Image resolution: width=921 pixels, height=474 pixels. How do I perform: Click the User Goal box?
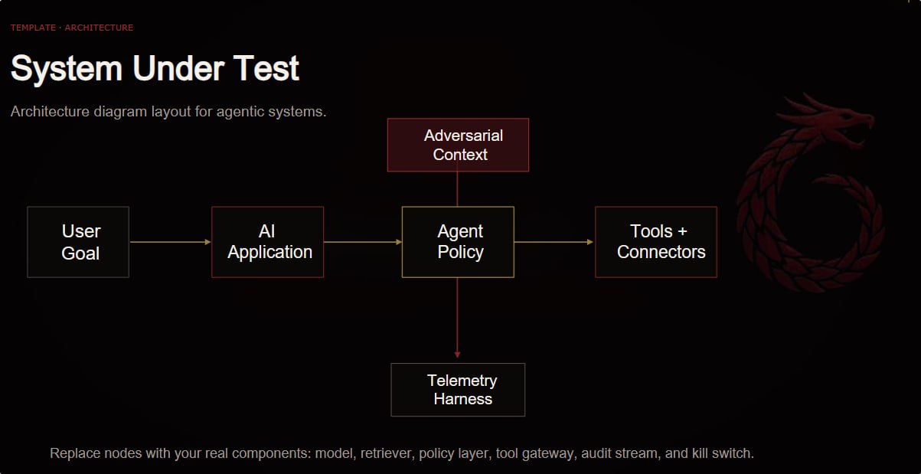[78, 242]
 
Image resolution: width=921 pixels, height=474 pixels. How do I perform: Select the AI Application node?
[268, 242]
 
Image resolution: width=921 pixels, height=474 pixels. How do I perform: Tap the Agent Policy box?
[458, 242]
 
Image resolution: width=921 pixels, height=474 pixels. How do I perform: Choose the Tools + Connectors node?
[656, 242]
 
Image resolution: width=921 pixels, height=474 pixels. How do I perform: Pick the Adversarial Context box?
[458, 145]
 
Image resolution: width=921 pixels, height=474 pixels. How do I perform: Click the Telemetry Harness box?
[458, 390]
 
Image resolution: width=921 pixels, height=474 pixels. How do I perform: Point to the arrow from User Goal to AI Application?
[171, 242]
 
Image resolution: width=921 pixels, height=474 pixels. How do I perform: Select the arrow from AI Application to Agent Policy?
[363, 242]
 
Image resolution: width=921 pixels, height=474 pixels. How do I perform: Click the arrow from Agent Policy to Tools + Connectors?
[554, 242]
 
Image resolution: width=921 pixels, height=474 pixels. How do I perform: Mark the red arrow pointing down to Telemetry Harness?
[457, 318]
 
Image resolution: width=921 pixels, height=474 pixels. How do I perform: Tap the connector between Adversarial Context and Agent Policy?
[457, 189]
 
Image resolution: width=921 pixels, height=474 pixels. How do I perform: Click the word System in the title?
[67, 68]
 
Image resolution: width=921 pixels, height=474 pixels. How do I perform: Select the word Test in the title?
[266, 68]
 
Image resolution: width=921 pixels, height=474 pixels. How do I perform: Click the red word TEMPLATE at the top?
[33, 28]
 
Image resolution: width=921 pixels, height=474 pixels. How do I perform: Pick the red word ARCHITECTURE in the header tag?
[99, 28]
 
